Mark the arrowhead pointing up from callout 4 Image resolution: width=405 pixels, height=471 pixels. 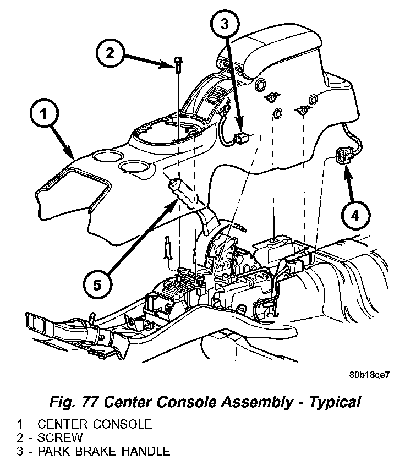(x=347, y=172)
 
